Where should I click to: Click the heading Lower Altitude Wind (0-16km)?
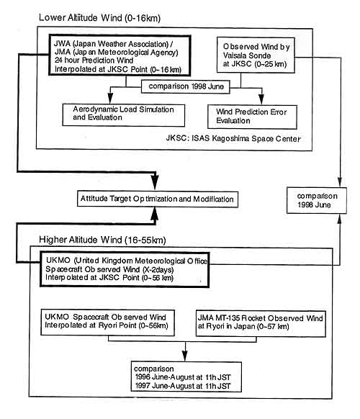click(99, 18)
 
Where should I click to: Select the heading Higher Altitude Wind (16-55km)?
click(102, 240)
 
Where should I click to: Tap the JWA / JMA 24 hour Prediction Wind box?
click(120, 55)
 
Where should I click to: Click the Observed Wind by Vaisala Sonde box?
click(256, 55)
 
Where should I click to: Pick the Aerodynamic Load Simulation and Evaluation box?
click(123, 115)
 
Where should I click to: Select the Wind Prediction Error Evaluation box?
click(252, 117)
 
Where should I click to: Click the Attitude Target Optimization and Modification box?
click(158, 199)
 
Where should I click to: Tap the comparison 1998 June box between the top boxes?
click(186, 86)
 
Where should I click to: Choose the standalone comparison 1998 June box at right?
click(316, 200)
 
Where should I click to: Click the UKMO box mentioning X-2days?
click(125, 269)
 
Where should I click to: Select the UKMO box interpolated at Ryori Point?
click(107, 323)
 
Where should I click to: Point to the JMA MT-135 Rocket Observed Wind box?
click(261, 323)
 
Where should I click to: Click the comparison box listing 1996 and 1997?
click(186, 377)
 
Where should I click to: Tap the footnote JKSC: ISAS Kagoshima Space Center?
click(233, 138)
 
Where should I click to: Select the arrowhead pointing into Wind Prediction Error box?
click(261, 99)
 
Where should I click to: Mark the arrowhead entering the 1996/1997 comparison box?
click(185, 356)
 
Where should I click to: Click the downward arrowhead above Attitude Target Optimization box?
click(155, 182)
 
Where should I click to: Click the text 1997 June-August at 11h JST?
click(183, 386)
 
